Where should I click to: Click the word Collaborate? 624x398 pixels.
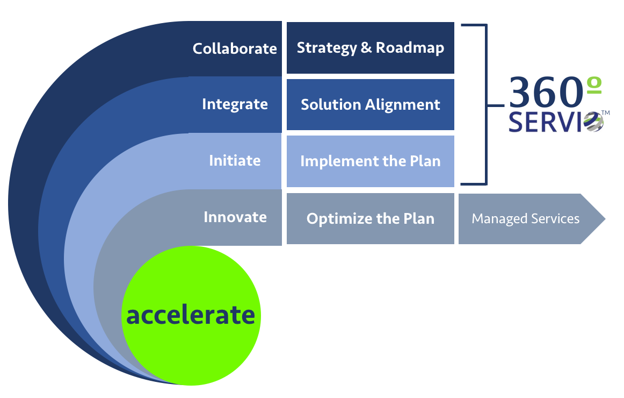pos(235,48)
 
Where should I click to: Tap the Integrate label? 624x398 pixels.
pos(235,104)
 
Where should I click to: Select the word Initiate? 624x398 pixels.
pos(235,161)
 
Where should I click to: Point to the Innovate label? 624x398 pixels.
pos(235,217)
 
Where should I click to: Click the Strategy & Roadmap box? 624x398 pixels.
pos(371,48)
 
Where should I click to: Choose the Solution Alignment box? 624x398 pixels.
pos(371,104)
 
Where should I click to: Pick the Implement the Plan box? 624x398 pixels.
pos(371,161)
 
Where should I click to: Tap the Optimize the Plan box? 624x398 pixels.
pos(371,218)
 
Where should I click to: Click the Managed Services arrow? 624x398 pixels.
pos(532,219)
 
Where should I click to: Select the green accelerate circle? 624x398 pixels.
pos(191,316)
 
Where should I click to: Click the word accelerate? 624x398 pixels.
pos(191,315)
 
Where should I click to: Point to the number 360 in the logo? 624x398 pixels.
pos(546,93)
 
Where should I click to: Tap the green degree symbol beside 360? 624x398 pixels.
pos(594,86)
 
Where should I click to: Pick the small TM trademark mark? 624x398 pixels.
pos(605,113)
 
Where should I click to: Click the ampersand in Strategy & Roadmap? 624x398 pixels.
pos(366,47)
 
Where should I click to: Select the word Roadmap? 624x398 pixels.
pos(410,48)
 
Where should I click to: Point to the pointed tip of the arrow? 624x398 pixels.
pos(605,219)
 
